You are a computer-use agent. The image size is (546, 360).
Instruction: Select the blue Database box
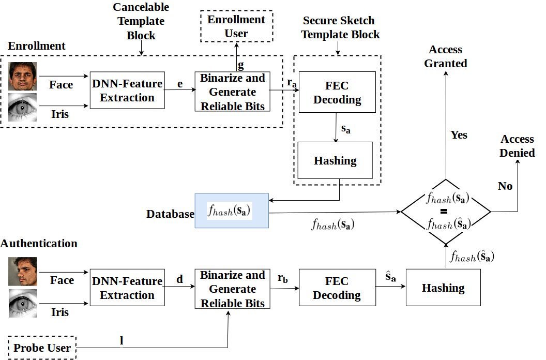pyautogui.click(x=232, y=211)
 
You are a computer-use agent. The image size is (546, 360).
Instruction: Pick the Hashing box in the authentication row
pyautogui.click(x=443, y=288)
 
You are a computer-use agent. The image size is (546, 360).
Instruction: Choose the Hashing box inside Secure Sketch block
pyautogui.click(x=335, y=160)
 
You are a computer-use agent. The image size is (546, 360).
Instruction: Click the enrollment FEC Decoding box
pyautogui.click(x=337, y=92)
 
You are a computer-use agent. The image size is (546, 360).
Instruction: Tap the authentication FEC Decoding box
pyautogui.click(x=337, y=288)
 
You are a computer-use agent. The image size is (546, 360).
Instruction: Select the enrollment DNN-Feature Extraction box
pyautogui.click(x=127, y=91)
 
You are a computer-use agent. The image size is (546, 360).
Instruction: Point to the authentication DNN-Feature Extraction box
pyautogui.click(x=127, y=288)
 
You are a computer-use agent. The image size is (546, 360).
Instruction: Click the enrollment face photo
pyautogui.click(x=23, y=77)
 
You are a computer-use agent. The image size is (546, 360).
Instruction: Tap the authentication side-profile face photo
pyautogui.click(x=23, y=272)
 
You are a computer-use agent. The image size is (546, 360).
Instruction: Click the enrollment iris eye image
pyautogui.click(x=23, y=108)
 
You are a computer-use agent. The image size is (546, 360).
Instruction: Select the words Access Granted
pyautogui.click(x=445, y=56)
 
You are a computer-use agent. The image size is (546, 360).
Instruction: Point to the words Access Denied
pyautogui.click(x=517, y=146)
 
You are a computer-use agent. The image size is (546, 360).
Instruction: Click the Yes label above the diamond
pyautogui.click(x=459, y=135)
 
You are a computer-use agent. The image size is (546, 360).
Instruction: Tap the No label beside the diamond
pyautogui.click(x=505, y=186)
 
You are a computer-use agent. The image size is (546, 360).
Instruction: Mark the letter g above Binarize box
pyautogui.click(x=240, y=65)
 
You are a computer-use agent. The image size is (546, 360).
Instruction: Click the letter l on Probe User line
pyautogui.click(x=121, y=340)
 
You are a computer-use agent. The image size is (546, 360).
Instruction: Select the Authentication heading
pyautogui.click(x=39, y=243)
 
